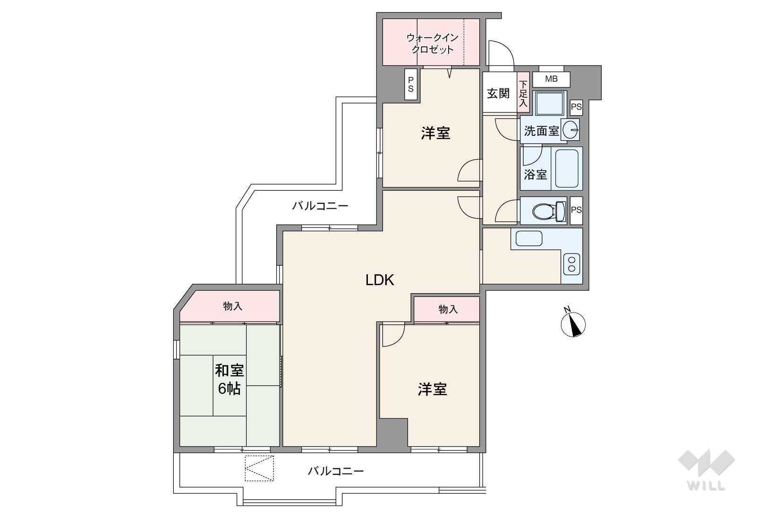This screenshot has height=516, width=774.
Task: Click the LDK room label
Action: (380, 280)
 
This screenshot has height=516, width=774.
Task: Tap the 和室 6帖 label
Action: (230, 380)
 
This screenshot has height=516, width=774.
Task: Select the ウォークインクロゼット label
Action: (433, 43)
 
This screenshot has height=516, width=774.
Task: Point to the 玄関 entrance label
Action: (499, 93)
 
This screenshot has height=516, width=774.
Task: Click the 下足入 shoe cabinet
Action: (524, 92)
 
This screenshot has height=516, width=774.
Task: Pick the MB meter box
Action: (551, 79)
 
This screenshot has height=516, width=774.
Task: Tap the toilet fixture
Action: (549, 211)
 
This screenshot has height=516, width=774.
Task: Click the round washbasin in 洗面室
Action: (570, 130)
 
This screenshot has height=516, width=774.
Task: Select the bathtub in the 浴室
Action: (567, 168)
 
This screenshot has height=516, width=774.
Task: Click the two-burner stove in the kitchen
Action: (571, 264)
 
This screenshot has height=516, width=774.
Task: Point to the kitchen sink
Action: (528, 238)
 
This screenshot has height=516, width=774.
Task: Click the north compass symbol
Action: (573, 324)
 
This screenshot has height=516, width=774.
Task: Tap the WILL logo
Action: (706, 470)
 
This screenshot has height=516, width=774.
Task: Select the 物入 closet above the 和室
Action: (230, 306)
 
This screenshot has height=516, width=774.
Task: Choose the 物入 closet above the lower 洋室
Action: (447, 309)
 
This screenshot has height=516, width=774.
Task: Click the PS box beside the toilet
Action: (576, 211)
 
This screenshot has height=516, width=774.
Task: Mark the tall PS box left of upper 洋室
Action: (411, 85)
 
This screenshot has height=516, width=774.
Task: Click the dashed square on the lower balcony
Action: (259, 468)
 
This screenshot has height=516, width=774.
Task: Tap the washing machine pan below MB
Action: (549, 103)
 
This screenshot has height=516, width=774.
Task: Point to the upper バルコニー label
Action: (320, 206)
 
